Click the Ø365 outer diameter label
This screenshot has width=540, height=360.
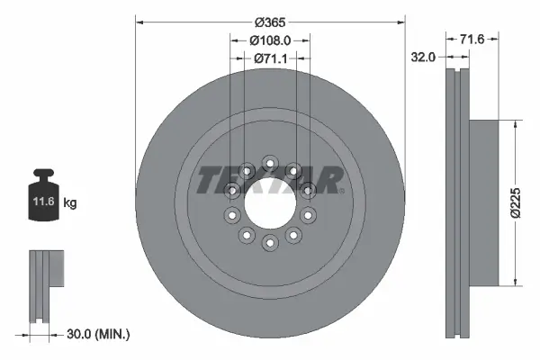point(269,22)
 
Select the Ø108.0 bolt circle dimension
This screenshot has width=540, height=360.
point(269,40)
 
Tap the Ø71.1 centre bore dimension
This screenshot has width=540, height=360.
point(269,58)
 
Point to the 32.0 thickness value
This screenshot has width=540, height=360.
point(423,56)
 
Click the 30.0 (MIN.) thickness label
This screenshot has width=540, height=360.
point(99,334)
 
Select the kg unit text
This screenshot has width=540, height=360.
point(70,203)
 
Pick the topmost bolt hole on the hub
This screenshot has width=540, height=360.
point(270,163)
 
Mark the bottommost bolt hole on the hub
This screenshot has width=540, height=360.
point(270,242)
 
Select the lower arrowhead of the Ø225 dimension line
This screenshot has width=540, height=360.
point(515,282)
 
